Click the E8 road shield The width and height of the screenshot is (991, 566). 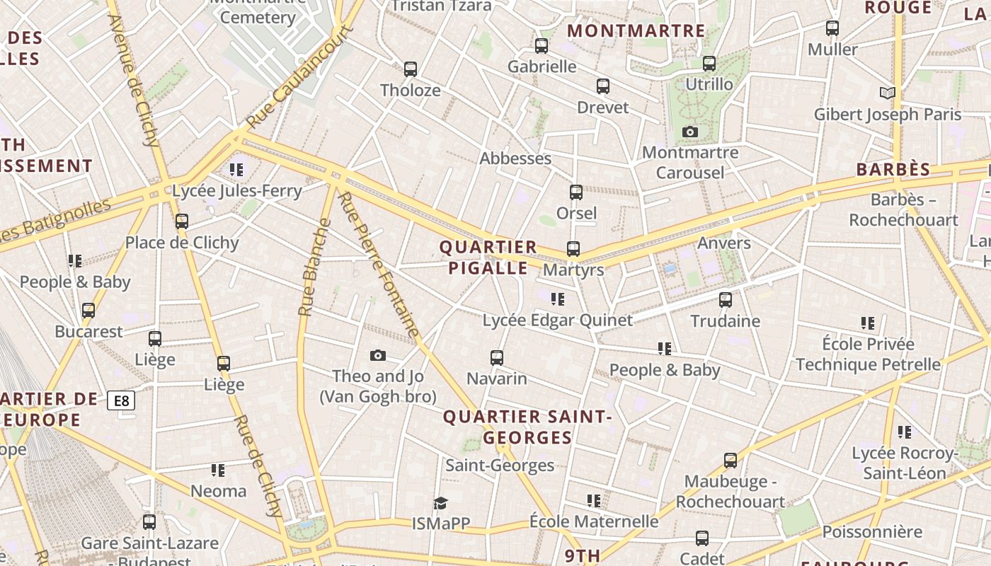point(122,401)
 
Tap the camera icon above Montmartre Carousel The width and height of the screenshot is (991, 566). point(690,132)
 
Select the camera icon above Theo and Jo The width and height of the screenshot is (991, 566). point(378,355)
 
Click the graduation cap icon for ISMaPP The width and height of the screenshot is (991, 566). point(441,503)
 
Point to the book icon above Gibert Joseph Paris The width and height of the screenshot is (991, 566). point(887,93)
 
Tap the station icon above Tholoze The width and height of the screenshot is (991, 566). point(411,69)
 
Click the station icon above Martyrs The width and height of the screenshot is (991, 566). point(573,249)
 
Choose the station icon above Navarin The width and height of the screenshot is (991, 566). point(497,358)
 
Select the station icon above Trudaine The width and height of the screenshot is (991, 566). point(726,300)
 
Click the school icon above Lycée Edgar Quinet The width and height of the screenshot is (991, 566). point(558,299)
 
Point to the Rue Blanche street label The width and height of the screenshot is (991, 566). point(316,267)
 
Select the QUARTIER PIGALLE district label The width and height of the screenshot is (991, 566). point(488,258)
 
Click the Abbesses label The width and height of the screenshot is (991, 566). point(515,158)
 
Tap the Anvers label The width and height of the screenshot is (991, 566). point(724,243)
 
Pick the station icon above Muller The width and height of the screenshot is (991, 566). point(832,28)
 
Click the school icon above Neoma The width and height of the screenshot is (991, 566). point(218,470)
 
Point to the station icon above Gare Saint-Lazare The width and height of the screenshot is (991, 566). point(149,522)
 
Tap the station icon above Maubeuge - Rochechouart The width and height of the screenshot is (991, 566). point(731,461)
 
